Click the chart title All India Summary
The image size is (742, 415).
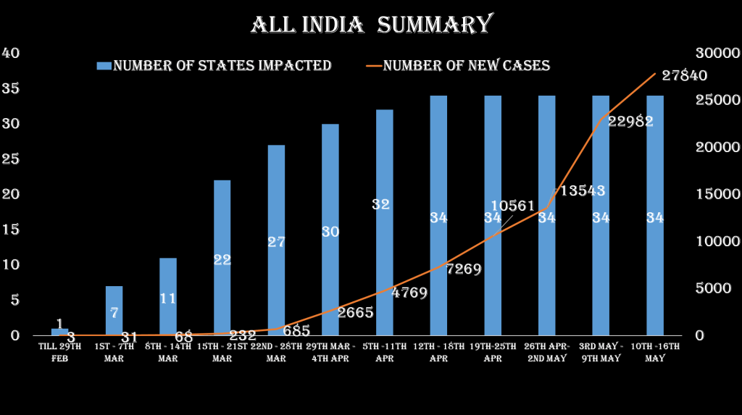click(371, 25)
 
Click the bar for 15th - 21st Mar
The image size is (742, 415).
click(222, 257)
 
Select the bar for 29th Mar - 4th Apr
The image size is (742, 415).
click(330, 229)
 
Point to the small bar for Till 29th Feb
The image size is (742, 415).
click(60, 332)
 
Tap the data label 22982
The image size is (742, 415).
click(630, 122)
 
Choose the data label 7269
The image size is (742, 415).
click(464, 269)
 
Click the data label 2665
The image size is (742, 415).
click(355, 313)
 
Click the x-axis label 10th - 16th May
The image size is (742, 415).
click(655, 353)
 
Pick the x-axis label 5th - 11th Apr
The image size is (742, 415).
click(385, 353)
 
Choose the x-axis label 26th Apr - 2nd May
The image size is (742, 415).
click(547, 353)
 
